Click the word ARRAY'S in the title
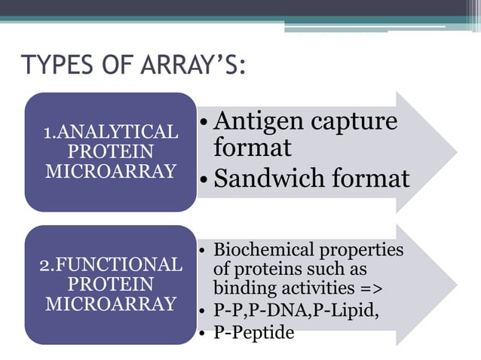(194, 66)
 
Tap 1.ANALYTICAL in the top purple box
(111, 133)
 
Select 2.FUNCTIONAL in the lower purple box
(111, 265)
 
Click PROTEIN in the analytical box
(111, 151)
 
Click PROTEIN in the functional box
(111, 285)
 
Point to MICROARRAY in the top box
(111, 170)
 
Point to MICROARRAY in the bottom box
(111, 304)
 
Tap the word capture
(351, 121)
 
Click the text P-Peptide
(254, 331)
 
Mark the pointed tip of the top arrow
(456, 152)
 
